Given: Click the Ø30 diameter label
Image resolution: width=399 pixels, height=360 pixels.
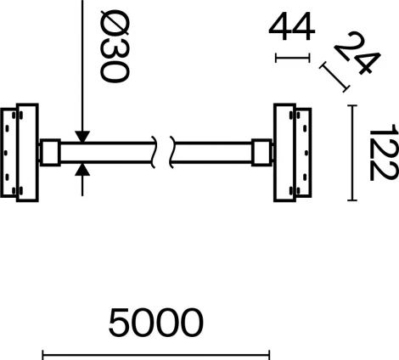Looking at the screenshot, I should (x=112, y=50).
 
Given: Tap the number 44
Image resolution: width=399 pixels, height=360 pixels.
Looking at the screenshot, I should (x=292, y=27).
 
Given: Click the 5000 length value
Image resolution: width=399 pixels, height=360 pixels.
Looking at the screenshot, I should (x=156, y=323).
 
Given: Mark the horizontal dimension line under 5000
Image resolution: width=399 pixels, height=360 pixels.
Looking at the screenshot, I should (x=156, y=354).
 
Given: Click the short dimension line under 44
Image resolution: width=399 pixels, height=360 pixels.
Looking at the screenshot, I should (x=293, y=58).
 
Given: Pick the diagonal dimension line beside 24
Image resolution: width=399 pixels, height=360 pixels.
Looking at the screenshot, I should (x=334, y=77).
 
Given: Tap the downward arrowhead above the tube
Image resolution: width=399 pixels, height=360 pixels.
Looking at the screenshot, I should (x=82, y=135).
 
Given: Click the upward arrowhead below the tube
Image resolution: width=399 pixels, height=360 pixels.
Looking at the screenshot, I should (x=82, y=170).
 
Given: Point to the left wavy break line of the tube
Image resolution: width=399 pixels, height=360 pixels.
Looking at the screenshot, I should (x=154, y=153).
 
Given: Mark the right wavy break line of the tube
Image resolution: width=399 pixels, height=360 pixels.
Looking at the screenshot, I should (x=173, y=153).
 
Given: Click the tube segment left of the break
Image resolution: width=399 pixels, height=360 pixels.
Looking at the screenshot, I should (x=106, y=153).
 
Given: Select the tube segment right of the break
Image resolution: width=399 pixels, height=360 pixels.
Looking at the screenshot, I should (x=214, y=153).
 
